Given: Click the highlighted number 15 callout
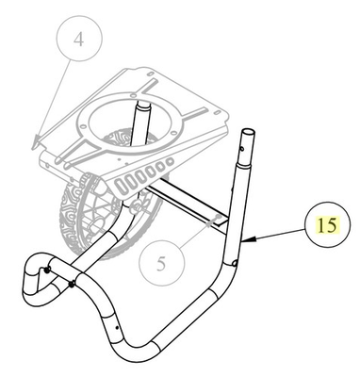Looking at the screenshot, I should click(x=327, y=226).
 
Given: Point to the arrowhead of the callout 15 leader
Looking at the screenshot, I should click(x=241, y=241).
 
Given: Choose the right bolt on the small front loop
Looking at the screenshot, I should click(x=72, y=282).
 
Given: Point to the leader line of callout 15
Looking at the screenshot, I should click(x=273, y=235).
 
